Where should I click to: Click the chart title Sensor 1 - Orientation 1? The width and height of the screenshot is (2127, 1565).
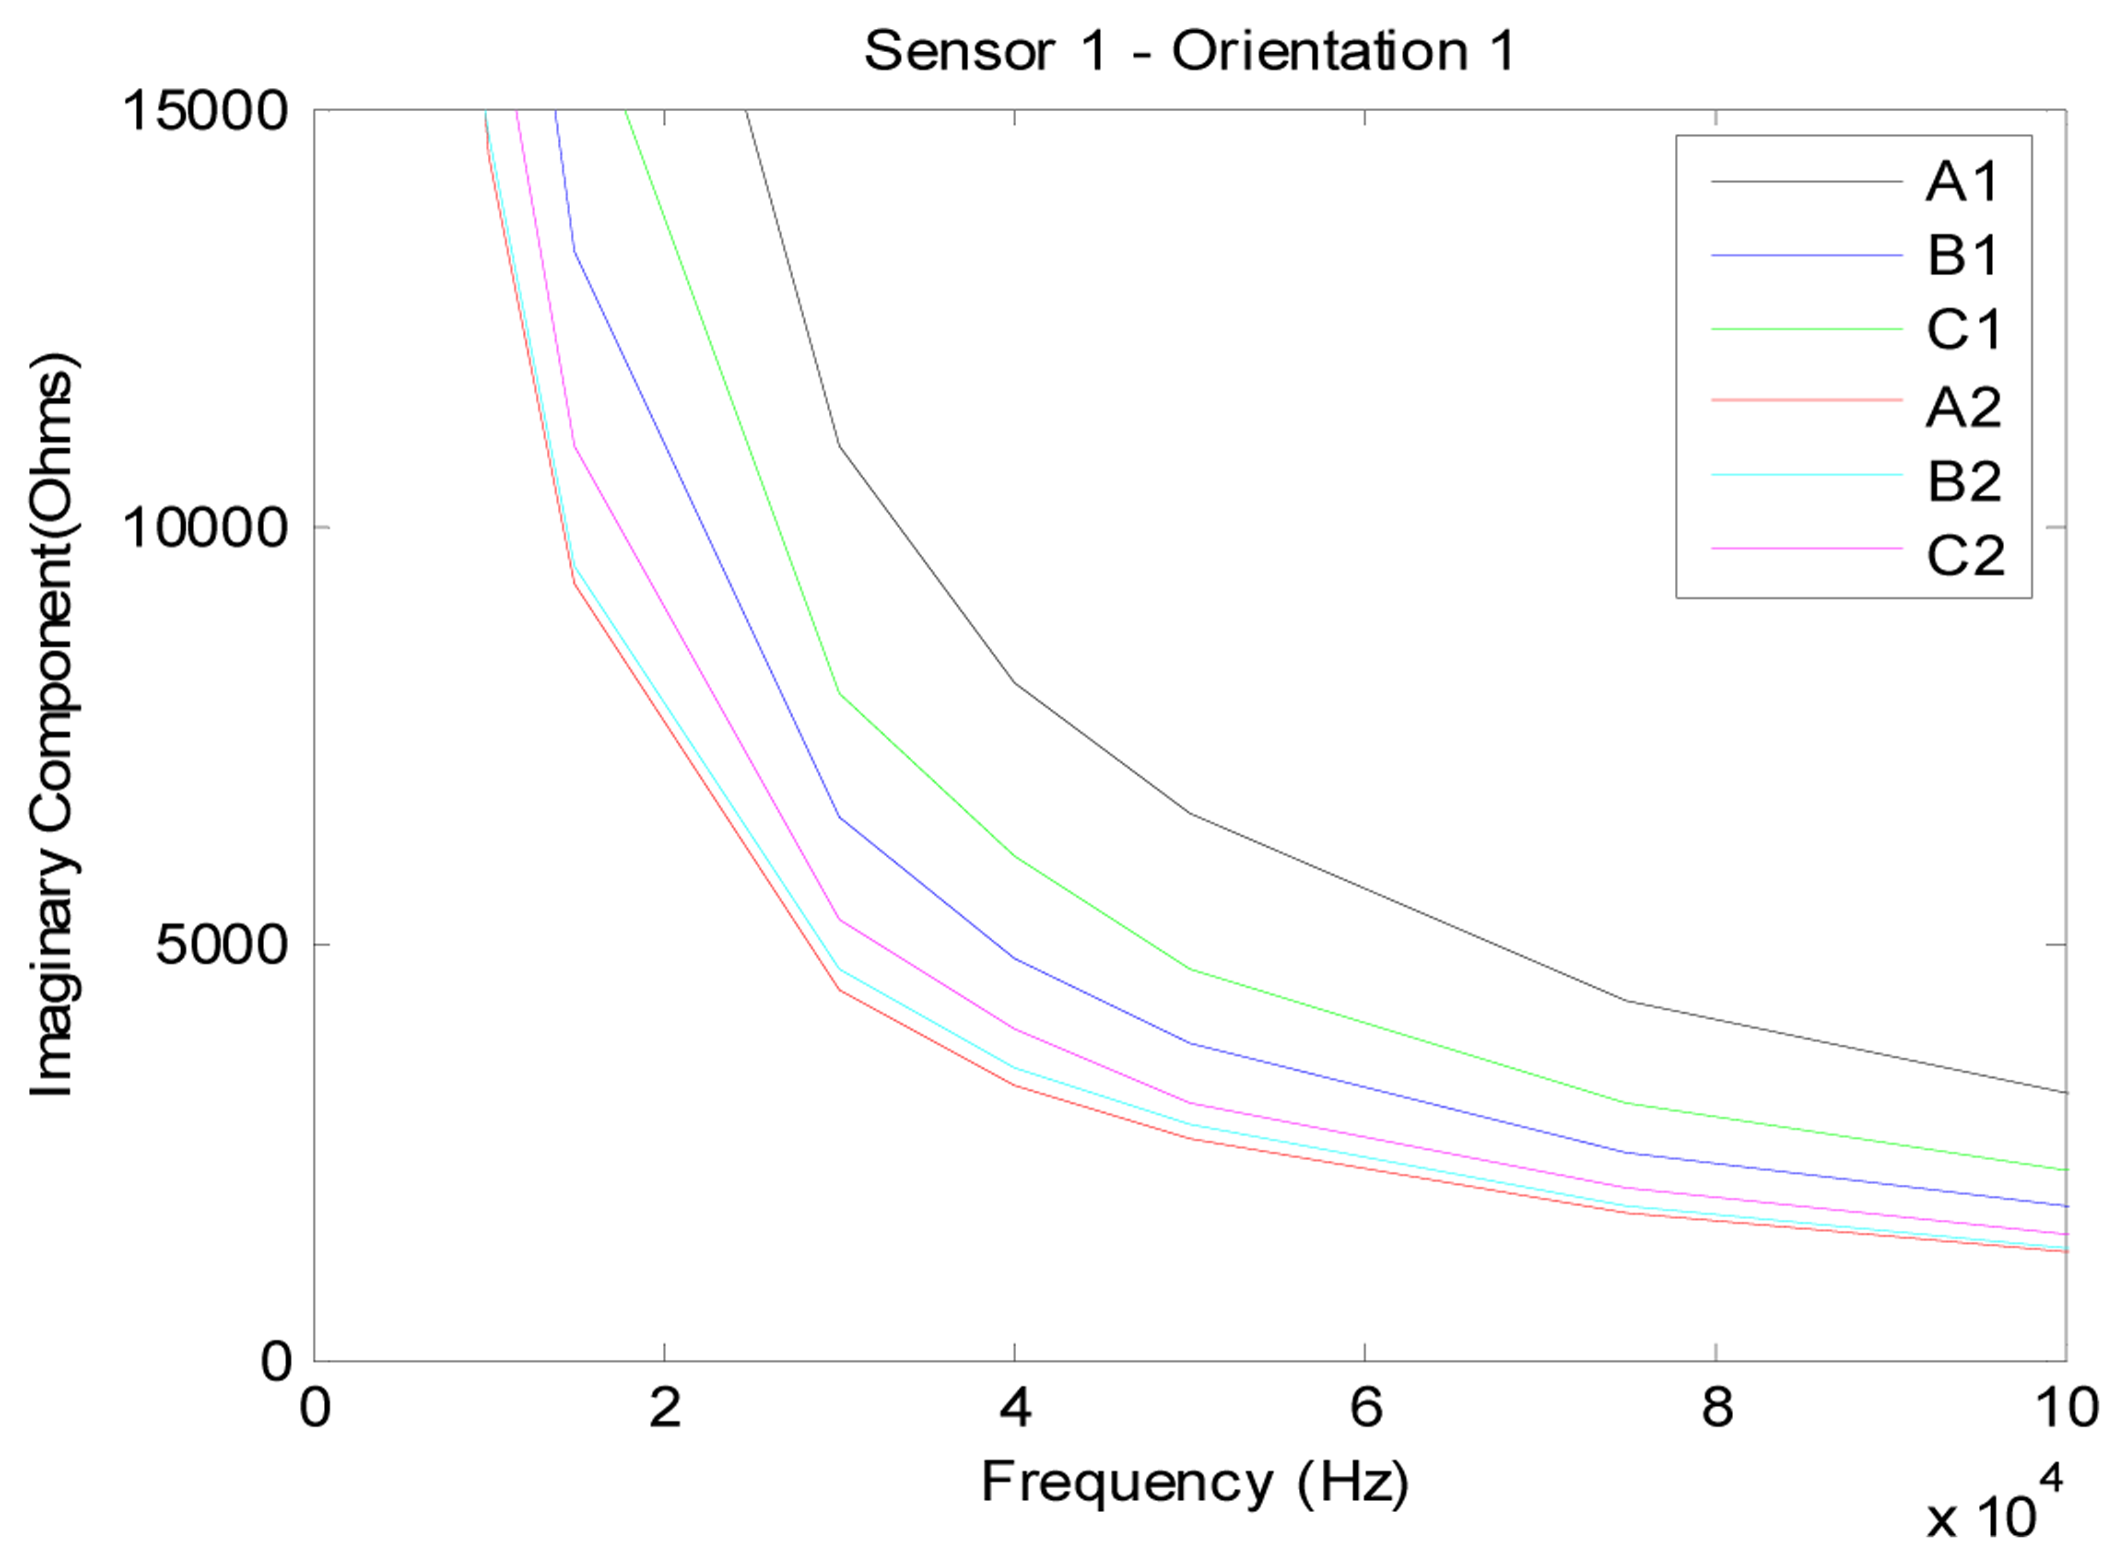(x=1189, y=50)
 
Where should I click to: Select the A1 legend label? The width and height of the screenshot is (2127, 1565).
(x=1962, y=181)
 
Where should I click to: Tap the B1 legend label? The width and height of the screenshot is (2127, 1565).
(x=1962, y=255)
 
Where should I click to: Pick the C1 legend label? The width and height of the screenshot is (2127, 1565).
(x=1964, y=330)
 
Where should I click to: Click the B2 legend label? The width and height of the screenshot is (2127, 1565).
(x=1964, y=482)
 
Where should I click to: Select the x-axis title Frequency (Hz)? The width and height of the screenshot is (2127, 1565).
(x=1194, y=1483)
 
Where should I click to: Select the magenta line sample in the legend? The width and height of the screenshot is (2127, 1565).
(x=1806, y=548)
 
